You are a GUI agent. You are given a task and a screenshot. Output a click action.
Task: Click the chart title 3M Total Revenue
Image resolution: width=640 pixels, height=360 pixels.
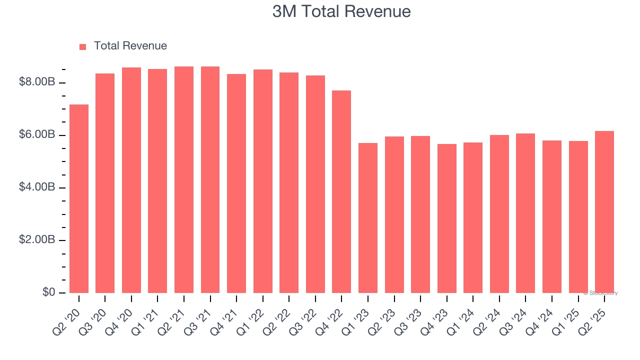[x=341, y=11]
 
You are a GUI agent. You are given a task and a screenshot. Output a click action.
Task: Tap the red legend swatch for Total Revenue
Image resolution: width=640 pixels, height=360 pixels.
[x=83, y=46]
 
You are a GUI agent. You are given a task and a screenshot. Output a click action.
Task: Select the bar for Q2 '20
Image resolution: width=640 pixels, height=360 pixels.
[x=79, y=198]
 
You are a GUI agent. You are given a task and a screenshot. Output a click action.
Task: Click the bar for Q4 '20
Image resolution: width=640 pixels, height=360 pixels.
[x=131, y=180]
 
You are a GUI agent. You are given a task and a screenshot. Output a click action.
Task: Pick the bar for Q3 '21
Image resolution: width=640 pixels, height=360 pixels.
[x=210, y=179]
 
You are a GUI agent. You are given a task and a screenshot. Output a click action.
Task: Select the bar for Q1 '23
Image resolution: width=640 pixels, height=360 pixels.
[x=368, y=218]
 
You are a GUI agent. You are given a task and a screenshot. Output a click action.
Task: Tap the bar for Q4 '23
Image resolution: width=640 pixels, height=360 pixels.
[x=446, y=218]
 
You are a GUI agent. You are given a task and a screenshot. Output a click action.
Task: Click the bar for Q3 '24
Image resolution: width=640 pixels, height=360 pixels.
[x=525, y=213]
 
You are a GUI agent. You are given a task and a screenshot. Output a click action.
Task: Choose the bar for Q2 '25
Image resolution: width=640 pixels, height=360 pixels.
[x=604, y=212]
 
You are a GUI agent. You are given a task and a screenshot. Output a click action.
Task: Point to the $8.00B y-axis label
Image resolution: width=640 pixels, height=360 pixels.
[x=36, y=82]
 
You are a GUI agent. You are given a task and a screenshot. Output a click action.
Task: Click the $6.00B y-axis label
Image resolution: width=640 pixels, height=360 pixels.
[x=36, y=134]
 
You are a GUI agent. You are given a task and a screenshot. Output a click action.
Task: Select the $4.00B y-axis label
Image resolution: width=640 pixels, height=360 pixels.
[x=36, y=187]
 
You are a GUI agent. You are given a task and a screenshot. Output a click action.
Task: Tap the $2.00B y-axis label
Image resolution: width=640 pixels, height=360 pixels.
[x=36, y=239]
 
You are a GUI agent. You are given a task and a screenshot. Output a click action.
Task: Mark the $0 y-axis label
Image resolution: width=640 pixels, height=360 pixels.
[x=48, y=292]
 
